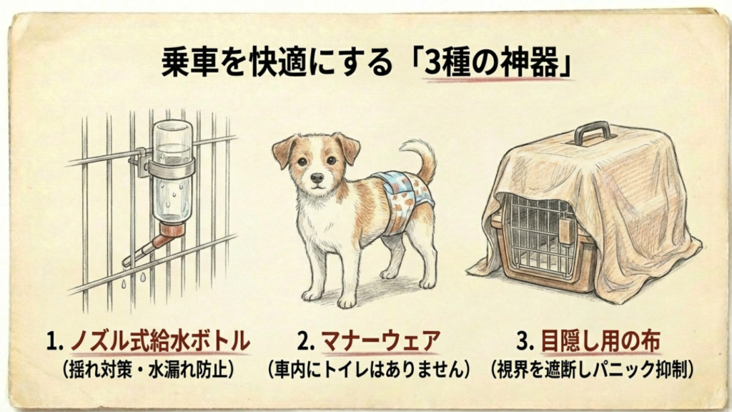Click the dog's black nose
click(x=316, y=176)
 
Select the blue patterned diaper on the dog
click(x=405, y=197)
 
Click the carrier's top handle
click(x=593, y=132)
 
